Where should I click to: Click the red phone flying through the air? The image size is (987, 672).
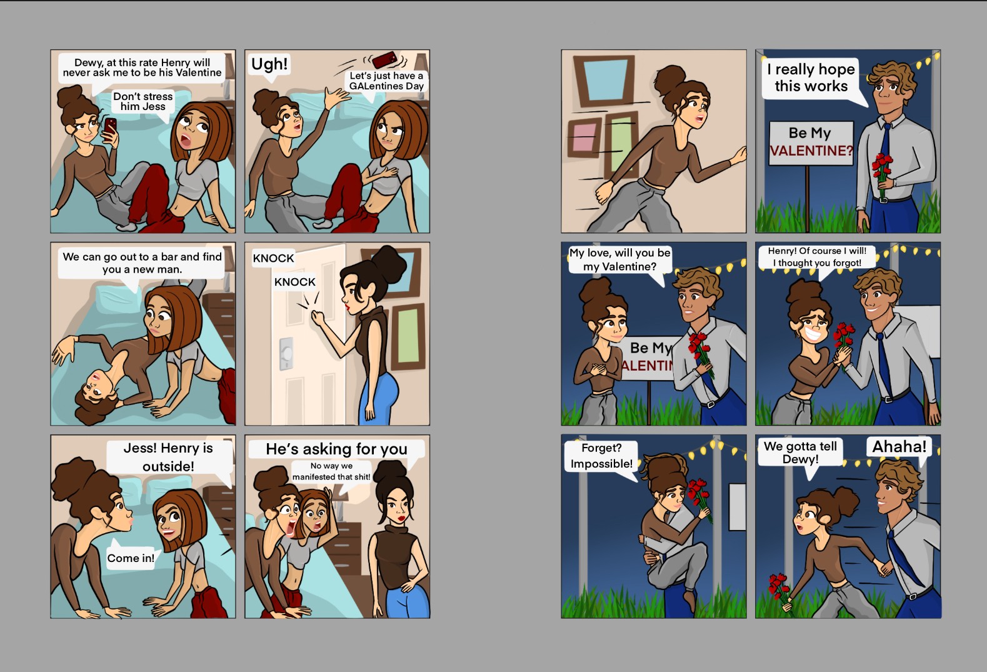[x=384, y=59]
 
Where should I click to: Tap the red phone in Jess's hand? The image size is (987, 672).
[x=110, y=126]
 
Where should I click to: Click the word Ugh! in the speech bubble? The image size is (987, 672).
[x=269, y=64]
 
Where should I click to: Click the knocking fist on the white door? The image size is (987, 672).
[x=318, y=317]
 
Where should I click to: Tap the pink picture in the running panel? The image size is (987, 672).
[x=584, y=138]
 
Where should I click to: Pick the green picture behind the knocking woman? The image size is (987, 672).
[x=408, y=336]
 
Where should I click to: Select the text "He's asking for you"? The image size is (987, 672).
[x=337, y=449]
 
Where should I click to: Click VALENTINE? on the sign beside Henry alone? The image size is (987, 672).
[x=811, y=151]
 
